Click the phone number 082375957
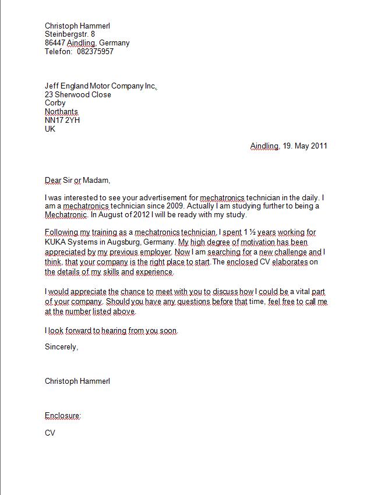(x=95, y=51)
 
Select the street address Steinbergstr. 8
(x=70, y=34)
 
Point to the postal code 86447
(x=55, y=43)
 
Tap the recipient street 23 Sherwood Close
(x=78, y=94)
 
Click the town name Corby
(x=55, y=103)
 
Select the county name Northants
(x=61, y=112)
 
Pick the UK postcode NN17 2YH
(x=62, y=120)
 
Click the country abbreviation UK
(x=50, y=129)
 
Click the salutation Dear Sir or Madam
(x=77, y=181)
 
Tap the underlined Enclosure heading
(x=63, y=416)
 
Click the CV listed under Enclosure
(x=50, y=433)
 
